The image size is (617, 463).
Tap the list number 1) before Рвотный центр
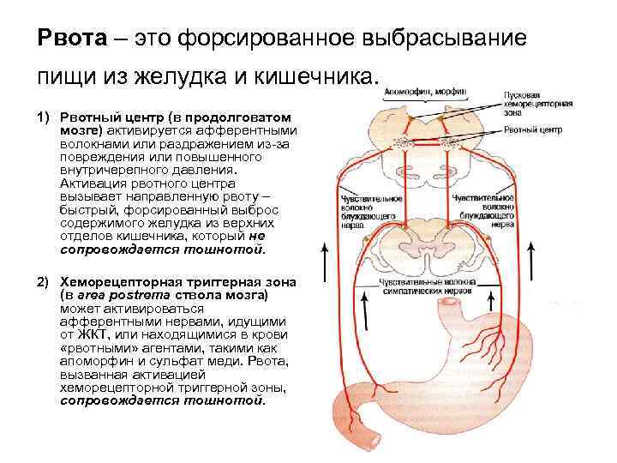[43, 116]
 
